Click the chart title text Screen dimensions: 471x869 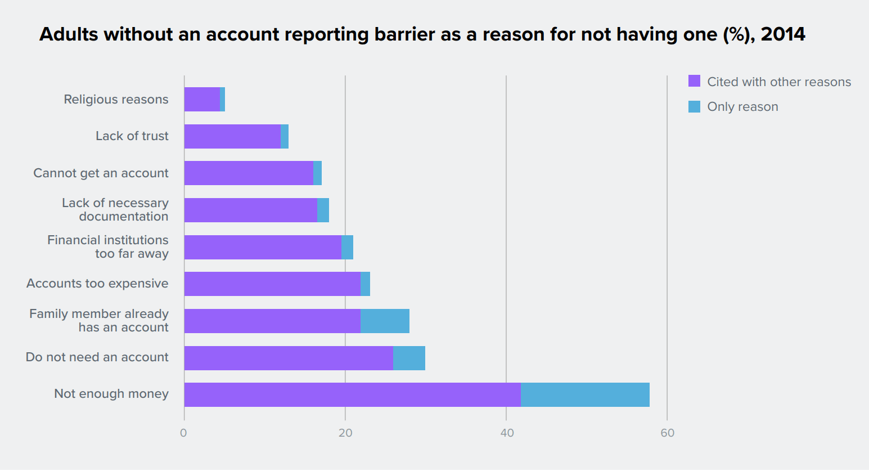[422, 34]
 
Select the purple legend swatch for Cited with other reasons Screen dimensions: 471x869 [694, 81]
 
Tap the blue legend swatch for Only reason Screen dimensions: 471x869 [694, 106]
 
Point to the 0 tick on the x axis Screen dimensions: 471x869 [183, 433]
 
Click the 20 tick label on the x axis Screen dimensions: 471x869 [345, 433]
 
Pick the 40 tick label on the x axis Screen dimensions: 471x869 [507, 433]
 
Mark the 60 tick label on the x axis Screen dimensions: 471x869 [667, 433]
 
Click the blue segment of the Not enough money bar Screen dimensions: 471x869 [585, 394]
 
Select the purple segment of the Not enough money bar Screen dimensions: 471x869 [352, 394]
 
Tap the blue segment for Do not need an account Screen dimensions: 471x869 [409, 358]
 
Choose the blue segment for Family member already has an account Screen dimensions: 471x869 [385, 321]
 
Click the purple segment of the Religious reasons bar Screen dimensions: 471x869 [202, 99]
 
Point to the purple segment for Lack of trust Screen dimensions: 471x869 [232, 136]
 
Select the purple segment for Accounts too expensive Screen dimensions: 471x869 [272, 284]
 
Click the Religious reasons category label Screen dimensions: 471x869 [116, 100]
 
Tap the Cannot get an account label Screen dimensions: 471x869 [101, 173]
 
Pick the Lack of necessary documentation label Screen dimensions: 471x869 [115, 210]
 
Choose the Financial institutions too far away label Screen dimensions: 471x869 [108, 247]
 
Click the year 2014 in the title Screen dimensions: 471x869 [782, 34]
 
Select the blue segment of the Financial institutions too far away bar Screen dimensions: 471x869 [347, 247]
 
